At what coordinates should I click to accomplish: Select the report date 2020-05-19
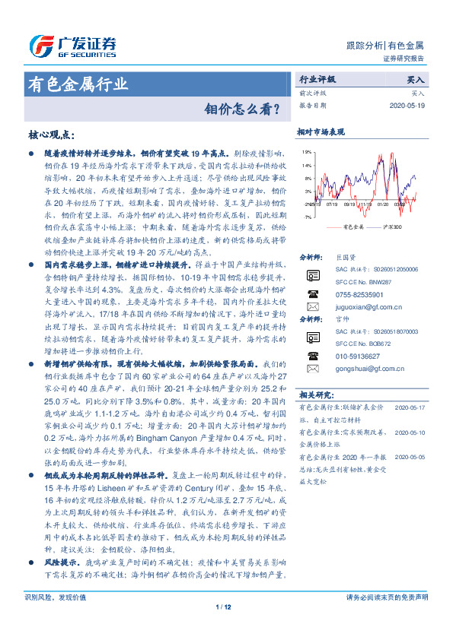[x=407, y=106]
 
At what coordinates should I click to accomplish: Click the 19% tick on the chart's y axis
[x=306, y=152]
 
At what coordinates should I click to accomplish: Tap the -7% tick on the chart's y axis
[x=306, y=217]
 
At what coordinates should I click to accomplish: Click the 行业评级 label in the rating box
[x=317, y=78]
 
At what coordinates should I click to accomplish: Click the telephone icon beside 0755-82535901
[x=311, y=293]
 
